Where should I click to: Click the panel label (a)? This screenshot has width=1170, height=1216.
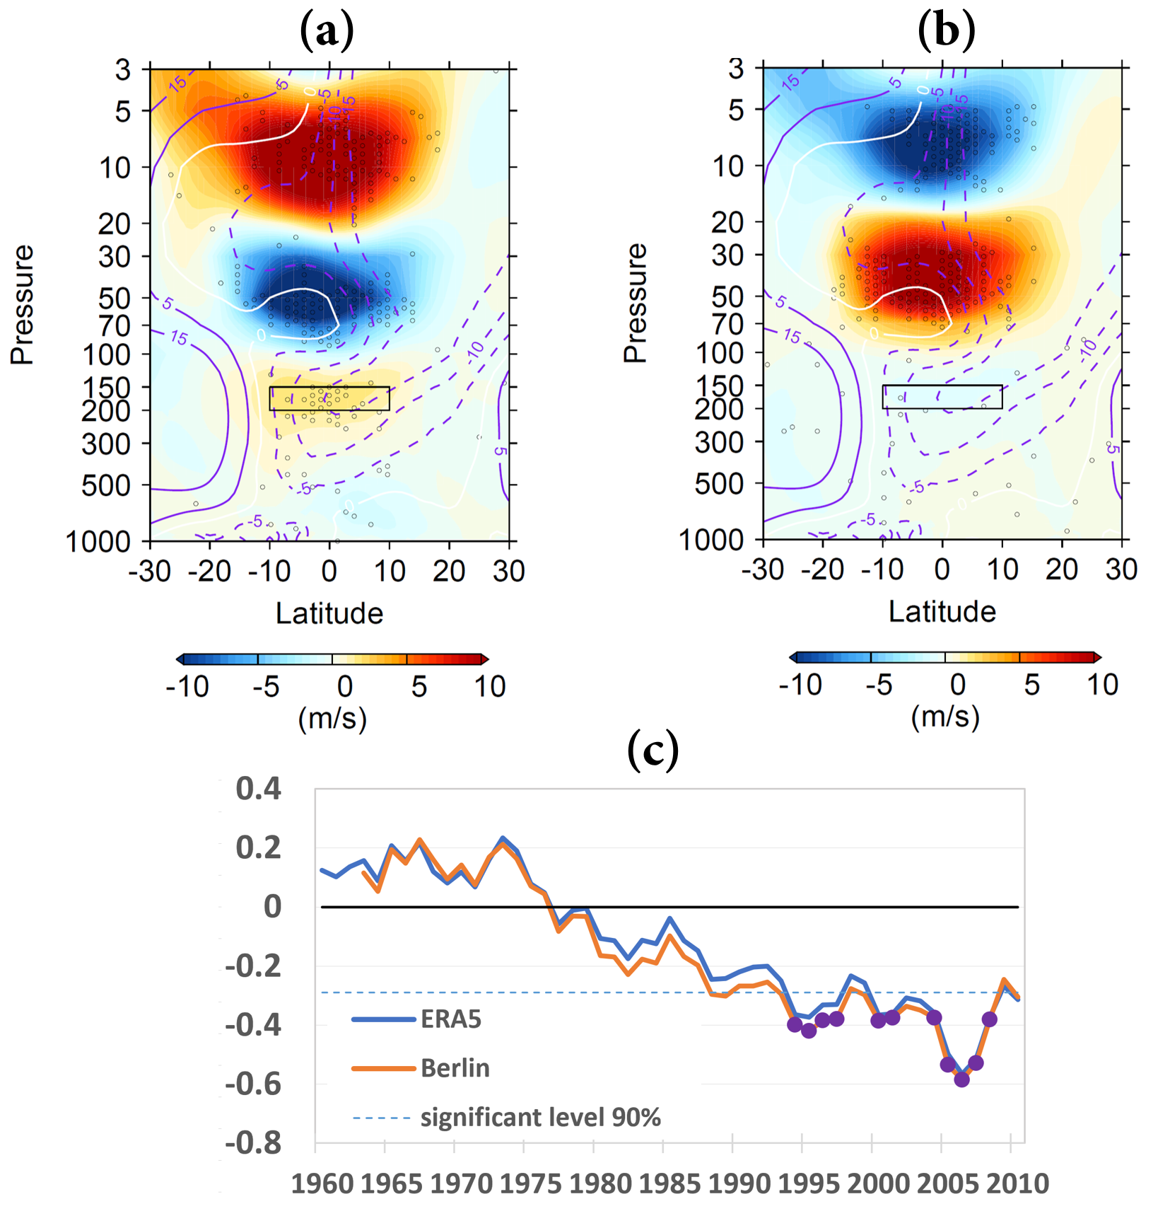[x=327, y=32]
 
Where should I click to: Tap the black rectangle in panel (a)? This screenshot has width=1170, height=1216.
[x=329, y=398]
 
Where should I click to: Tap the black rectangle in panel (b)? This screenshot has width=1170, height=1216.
[x=942, y=397]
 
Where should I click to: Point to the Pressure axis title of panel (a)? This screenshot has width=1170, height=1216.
[x=23, y=304]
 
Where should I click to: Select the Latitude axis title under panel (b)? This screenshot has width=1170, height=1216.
[x=942, y=612]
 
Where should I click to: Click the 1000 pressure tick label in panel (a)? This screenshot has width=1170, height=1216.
[x=98, y=542]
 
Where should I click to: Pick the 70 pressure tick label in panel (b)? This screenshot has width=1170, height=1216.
[x=728, y=325]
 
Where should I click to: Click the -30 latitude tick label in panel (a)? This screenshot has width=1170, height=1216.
[x=150, y=571]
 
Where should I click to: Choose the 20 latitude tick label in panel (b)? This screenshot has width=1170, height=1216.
[x=1062, y=569]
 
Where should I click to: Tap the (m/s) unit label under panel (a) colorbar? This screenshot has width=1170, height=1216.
[x=332, y=719]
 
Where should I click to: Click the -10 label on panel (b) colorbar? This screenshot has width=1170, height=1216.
[x=800, y=685]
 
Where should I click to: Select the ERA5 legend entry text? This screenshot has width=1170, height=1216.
[x=451, y=1019]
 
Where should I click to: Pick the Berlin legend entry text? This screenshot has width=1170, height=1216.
[x=455, y=1068]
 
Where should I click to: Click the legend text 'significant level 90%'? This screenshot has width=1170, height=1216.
[x=541, y=1118]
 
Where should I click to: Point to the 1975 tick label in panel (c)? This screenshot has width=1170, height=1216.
[x=531, y=1183]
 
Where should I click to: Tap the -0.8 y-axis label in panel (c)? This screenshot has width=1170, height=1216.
[x=254, y=1142]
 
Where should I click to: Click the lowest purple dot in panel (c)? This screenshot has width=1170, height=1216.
[x=961, y=1079]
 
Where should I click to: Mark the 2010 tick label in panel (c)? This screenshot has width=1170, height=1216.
[x=1018, y=1183]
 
